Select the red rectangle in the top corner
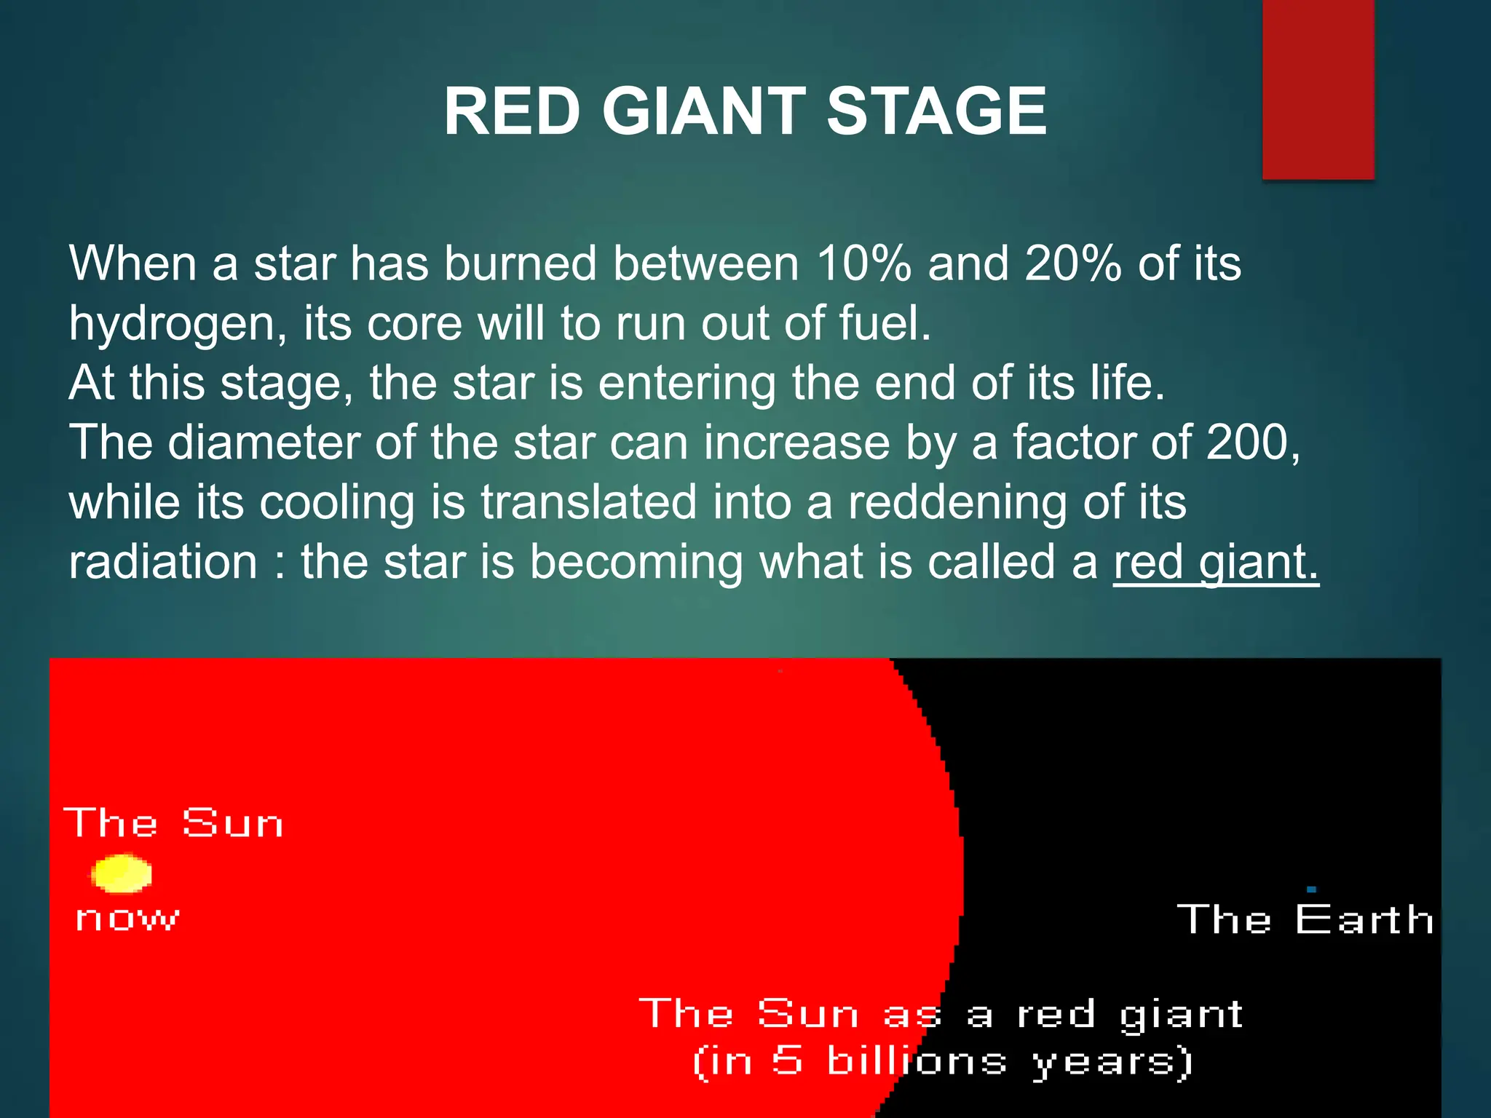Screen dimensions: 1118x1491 tap(1318, 89)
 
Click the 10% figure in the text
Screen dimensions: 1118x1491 tap(863, 263)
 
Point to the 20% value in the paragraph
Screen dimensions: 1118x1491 tap(1072, 263)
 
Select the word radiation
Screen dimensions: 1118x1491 tap(163, 563)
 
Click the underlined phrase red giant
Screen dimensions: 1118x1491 tap(1215, 563)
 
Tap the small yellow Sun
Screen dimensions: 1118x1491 tap(122, 873)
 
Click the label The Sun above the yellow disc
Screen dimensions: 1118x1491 tap(173, 823)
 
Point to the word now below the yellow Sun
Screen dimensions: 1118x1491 tap(127, 919)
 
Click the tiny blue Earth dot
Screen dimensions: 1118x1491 tap(1311, 889)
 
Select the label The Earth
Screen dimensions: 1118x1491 tap(1305, 919)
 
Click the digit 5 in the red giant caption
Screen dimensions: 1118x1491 tap(787, 1060)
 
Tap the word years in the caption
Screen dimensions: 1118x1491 tap(1112, 1062)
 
